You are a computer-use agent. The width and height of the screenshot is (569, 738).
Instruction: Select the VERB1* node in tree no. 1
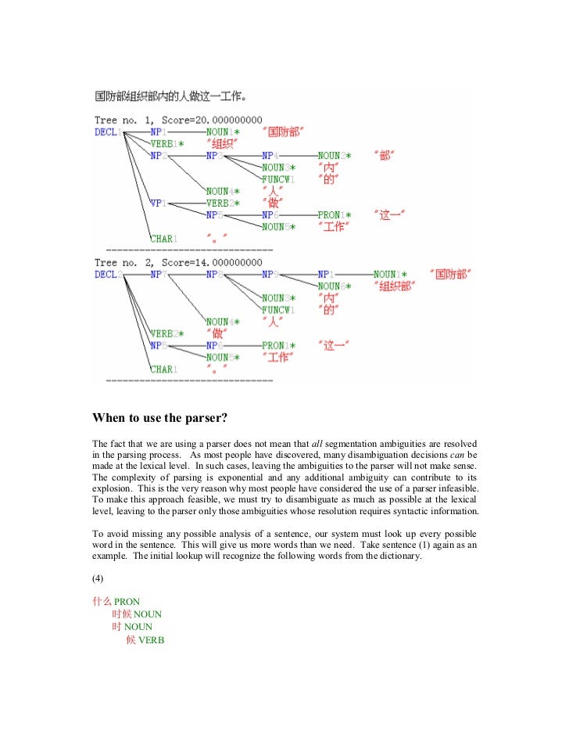[x=167, y=143]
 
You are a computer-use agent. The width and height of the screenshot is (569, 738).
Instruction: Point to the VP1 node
[x=158, y=202]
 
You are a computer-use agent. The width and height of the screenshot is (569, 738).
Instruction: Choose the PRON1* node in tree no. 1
[x=335, y=214]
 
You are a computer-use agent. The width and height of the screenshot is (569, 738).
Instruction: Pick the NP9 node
[x=270, y=275]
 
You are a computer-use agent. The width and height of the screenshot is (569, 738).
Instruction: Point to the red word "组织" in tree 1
[x=220, y=143]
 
